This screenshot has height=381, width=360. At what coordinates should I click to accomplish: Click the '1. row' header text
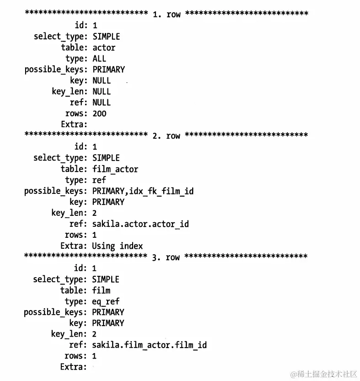click(x=167, y=14)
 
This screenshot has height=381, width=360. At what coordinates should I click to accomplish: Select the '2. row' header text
click(x=166, y=136)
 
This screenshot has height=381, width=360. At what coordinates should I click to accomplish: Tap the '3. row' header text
click(x=166, y=258)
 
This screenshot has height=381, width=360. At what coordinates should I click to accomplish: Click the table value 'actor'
click(x=104, y=48)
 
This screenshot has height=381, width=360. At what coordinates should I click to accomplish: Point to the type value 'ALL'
click(x=99, y=59)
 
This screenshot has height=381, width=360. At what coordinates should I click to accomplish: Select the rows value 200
click(x=99, y=113)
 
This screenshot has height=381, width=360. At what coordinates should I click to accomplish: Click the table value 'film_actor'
click(x=115, y=169)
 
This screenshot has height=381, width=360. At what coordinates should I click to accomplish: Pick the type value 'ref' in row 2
click(x=99, y=180)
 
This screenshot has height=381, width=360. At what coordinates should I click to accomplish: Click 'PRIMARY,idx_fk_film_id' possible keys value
click(x=143, y=191)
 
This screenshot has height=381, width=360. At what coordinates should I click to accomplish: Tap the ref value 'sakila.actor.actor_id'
click(x=140, y=224)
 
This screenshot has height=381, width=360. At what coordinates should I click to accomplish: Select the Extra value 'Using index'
click(x=117, y=246)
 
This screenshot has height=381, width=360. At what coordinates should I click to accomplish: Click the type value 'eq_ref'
click(x=106, y=301)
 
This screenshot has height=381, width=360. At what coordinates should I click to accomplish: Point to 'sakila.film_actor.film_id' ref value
click(x=149, y=345)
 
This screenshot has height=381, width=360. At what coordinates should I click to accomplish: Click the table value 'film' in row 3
click(x=101, y=290)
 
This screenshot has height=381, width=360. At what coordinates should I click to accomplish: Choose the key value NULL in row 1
click(x=102, y=80)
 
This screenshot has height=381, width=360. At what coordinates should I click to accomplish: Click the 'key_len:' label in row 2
click(x=68, y=213)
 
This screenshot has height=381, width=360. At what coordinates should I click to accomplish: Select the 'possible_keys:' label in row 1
click(x=55, y=70)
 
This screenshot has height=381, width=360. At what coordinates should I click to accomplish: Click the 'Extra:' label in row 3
click(x=73, y=367)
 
